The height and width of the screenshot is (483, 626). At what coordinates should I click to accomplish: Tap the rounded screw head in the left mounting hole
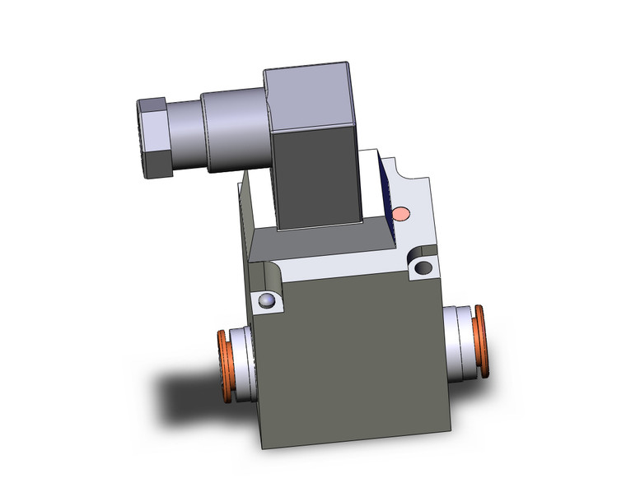point(265,301)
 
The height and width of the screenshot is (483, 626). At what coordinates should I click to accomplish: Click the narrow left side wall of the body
point(247,247)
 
